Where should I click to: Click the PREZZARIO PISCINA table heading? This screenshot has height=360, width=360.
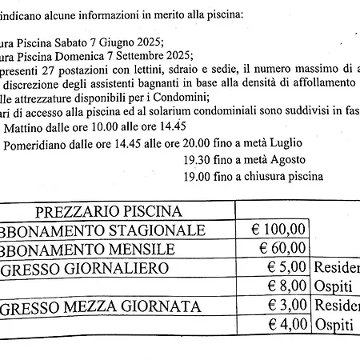(x=109, y=211)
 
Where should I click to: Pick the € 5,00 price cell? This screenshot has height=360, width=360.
(x=285, y=267)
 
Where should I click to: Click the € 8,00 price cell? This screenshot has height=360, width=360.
(x=285, y=286)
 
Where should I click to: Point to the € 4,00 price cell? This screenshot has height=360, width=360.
(x=285, y=324)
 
